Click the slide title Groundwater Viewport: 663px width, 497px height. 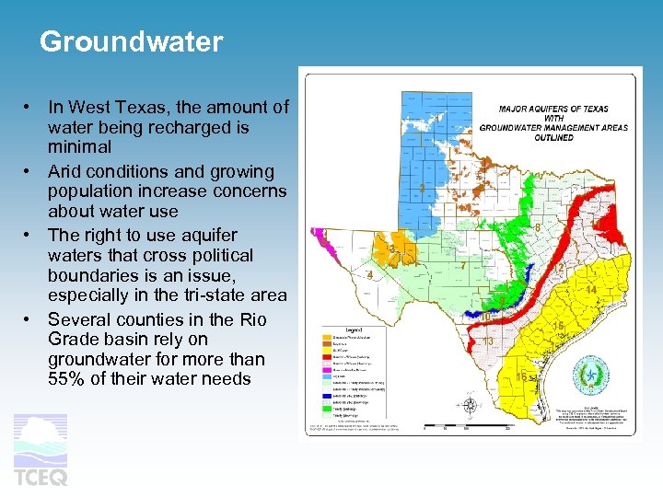[x=131, y=42]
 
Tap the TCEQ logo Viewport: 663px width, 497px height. [x=41, y=450]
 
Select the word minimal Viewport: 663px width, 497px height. [x=79, y=146]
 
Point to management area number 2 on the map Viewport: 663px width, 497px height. [x=422, y=189]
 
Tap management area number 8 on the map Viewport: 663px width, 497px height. [x=537, y=227]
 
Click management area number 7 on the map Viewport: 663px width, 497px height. [x=462, y=266]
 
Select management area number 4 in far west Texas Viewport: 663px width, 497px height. [x=369, y=275]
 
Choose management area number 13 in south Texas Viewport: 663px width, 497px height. [x=488, y=341]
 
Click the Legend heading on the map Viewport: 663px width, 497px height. [x=354, y=329]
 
